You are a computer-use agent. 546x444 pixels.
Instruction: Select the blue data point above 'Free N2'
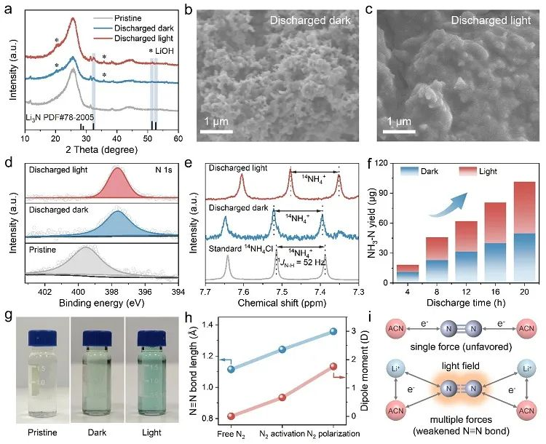pos(231,369)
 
